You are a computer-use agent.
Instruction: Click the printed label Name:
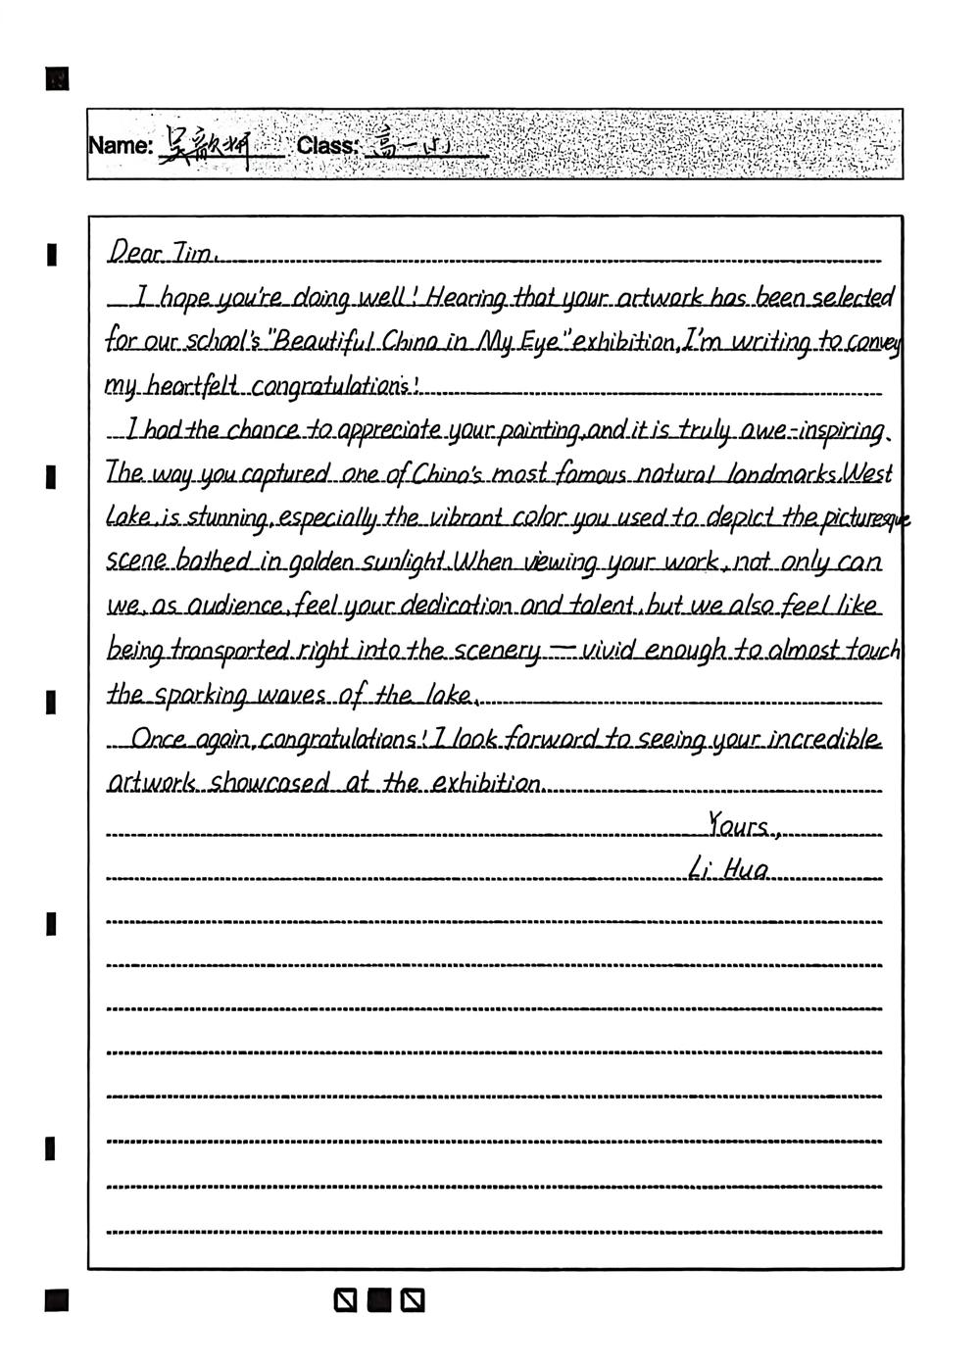(x=121, y=146)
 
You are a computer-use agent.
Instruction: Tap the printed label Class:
(x=327, y=146)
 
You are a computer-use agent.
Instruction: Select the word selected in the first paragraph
(x=853, y=297)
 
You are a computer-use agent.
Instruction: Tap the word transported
(x=232, y=652)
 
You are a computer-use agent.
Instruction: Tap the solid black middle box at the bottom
(x=378, y=1300)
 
